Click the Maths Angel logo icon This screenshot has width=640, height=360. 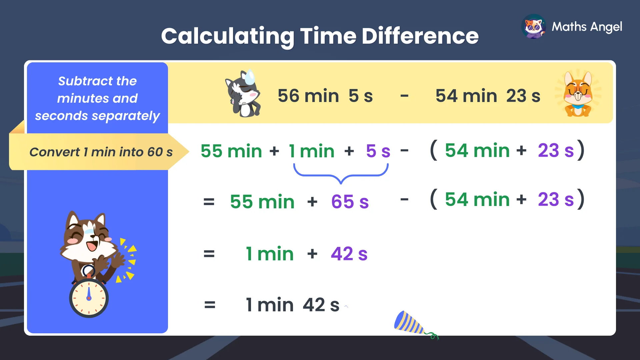(x=534, y=27)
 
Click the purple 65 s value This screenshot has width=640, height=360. (x=350, y=202)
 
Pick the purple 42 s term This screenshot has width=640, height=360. (x=349, y=254)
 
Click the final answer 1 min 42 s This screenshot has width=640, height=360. (x=292, y=305)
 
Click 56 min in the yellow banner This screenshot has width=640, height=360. (x=308, y=96)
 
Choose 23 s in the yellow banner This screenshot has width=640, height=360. (x=523, y=96)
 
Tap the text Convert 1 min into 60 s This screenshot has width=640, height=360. (x=101, y=152)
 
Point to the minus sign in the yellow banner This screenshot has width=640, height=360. (x=404, y=96)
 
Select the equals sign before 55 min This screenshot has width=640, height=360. (x=209, y=202)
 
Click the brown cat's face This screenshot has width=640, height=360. (x=87, y=237)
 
